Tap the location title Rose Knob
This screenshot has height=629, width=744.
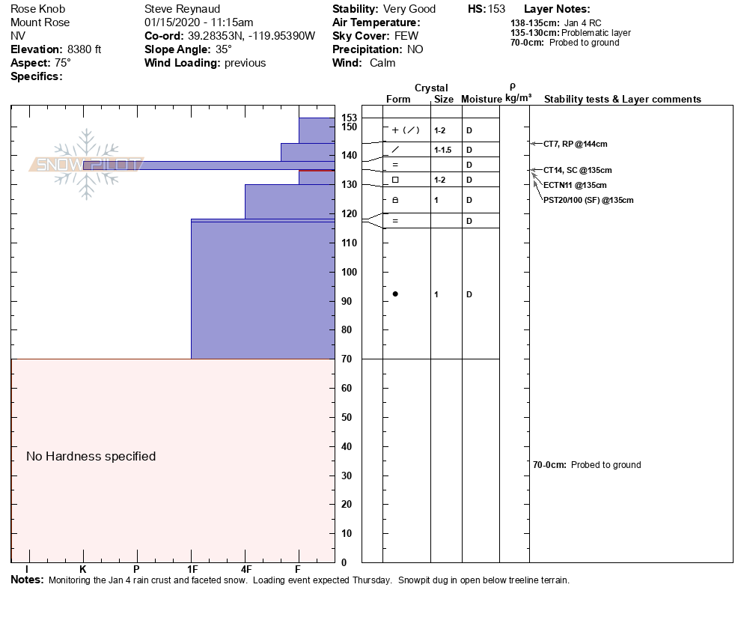(x=37, y=9)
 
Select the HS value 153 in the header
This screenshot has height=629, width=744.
(x=496, y=9)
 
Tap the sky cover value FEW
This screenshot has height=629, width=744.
(x=408, y=36)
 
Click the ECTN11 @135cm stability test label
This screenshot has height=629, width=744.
(x=575, y=185)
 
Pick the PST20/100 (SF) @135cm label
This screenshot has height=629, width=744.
(x=588, y=200)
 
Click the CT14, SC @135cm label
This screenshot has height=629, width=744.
(x=577, y=171)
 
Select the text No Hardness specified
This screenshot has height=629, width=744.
(x=91, y=456)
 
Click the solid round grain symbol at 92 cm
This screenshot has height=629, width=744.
(x=395, y=294)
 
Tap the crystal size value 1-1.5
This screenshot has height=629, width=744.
(x=442, y=151)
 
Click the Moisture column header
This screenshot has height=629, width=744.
(x=481, y=100)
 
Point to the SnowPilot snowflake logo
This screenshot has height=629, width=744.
(x=87, y=164)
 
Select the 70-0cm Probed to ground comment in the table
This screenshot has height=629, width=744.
(x=587, y=465)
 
